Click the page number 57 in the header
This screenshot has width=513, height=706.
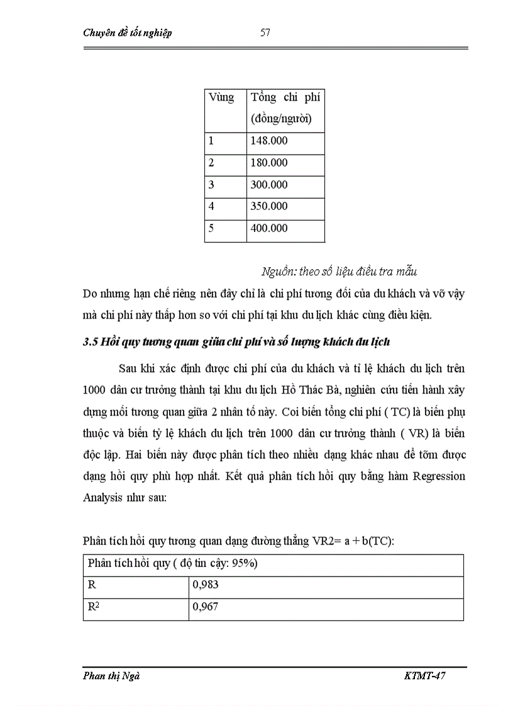pos(265,33)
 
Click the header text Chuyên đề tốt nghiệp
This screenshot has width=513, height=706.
pos(127,33)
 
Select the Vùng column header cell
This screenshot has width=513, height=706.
pos(221,97)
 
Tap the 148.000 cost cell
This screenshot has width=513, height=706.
pos(269,141)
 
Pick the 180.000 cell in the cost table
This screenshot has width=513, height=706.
pos(269,163)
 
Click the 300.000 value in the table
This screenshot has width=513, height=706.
pos(269,185)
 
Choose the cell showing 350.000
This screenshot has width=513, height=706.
pos(269,206)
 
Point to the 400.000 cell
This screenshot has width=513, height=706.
pos(269,228)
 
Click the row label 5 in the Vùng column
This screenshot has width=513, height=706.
pos(212,228)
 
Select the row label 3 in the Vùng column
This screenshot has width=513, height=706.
pos(212,185)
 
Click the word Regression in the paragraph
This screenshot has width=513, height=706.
pos(439,476)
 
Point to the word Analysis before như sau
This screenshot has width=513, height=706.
pos(104,497)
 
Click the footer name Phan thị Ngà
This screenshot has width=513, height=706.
pos(111,676)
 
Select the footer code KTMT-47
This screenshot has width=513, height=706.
pos(426,676)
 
